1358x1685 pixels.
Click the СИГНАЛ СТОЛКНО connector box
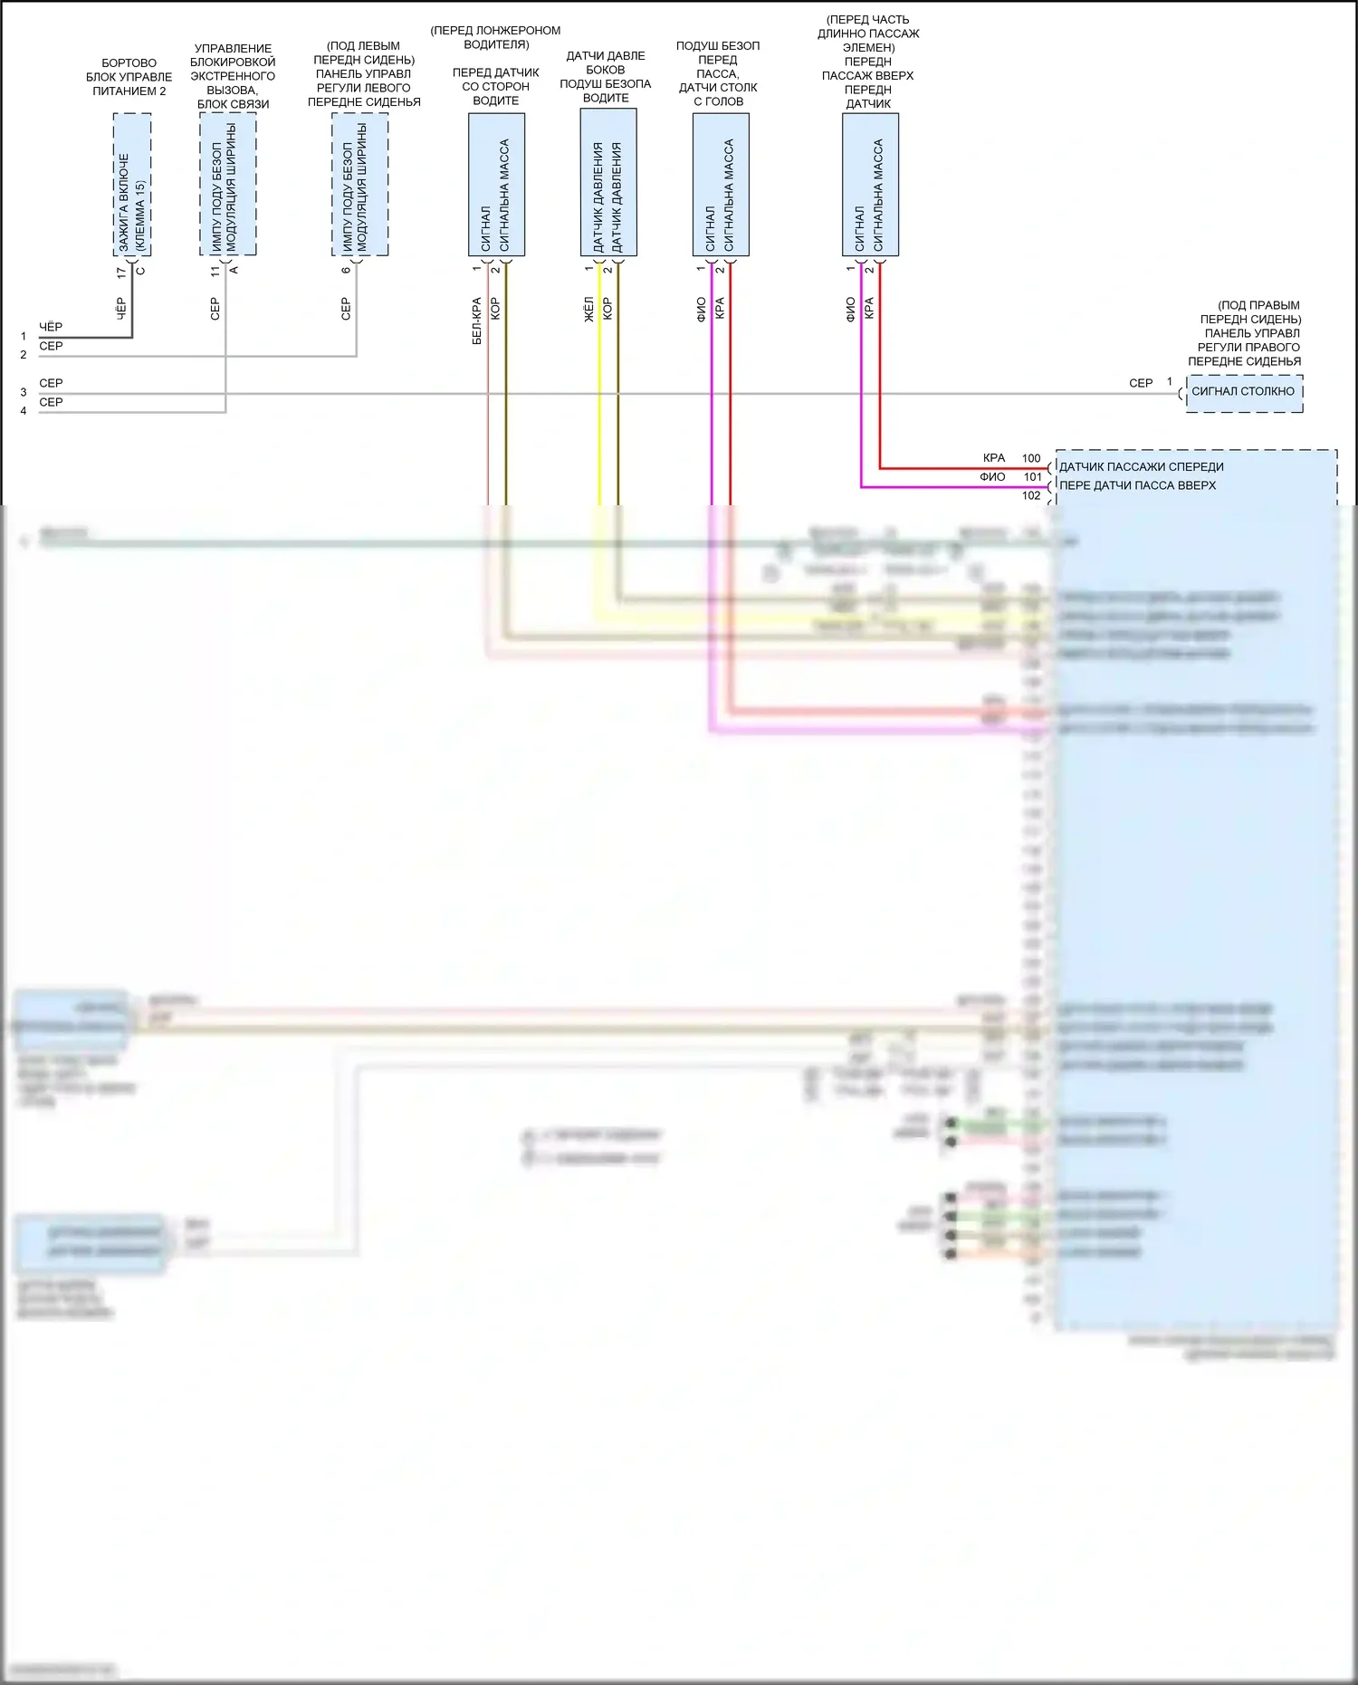(x=1243, y=392)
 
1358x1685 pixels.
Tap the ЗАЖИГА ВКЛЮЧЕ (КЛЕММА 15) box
(x=132, y=185)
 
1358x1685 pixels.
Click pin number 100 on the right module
(x=1031, y=458)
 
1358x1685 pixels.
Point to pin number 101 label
(x=1032, y=477)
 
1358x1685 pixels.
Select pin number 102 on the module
(x=1031, y=496)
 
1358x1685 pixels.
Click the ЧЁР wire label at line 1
(x=51, y=327)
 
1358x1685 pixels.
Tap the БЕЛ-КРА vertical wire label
(x=477, y=321)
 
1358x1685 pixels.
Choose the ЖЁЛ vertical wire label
(x=588, y=309)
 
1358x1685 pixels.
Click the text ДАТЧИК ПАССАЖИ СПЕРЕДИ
(x=1141, y=467)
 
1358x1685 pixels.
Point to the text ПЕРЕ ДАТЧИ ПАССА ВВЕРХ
(x=1137, y=486)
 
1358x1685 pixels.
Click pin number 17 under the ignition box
(x=121, y=272)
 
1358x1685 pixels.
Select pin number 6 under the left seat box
(x=346, y=270)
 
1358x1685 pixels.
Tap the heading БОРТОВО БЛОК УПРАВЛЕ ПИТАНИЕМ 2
(x=129, y=77)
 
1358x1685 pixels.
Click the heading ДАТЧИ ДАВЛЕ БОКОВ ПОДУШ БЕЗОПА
(x=605, y=77)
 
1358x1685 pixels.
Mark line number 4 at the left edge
(x=24, y=411)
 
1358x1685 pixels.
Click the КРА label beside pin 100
(x=994, y=458)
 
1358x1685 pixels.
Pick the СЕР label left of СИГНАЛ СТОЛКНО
(x=1141, y=384)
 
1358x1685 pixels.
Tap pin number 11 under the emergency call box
(x=215, y=271)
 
